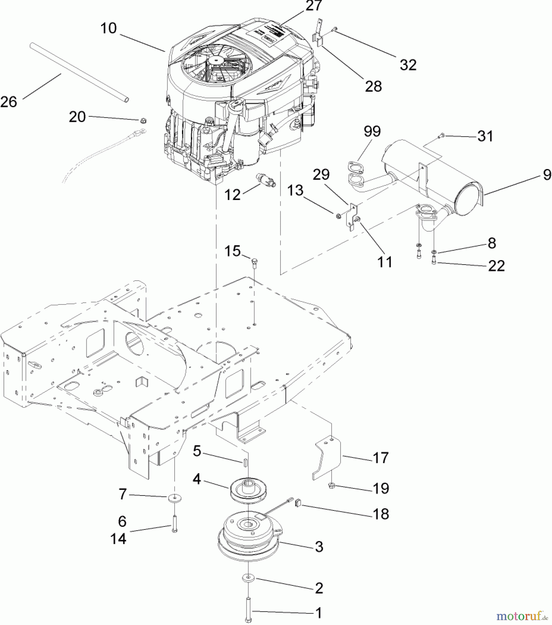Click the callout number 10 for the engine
(x=108, y=28)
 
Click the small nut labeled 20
(x=142, y=120)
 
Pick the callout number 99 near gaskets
(x=372, y=132)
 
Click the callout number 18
(x=381, y=514)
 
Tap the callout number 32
(x=408, y=65)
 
